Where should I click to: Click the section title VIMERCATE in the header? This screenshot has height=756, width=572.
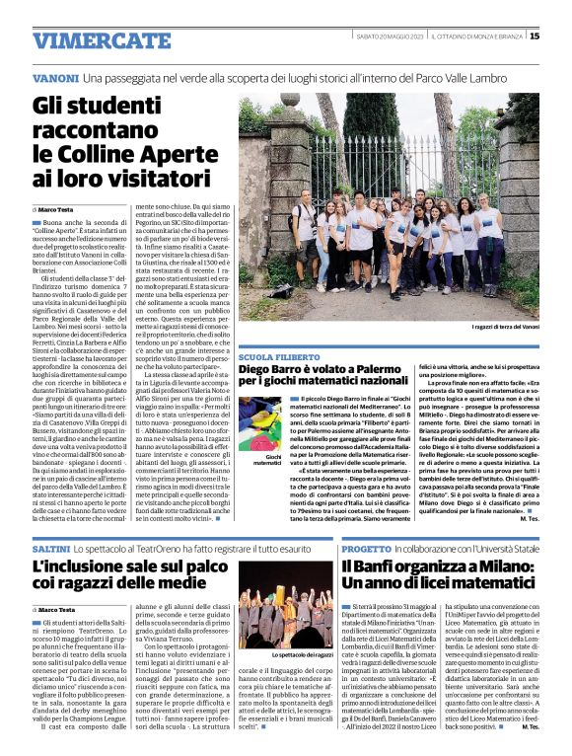coord(89,40)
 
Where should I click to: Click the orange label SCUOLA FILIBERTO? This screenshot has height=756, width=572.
coord(282,356)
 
